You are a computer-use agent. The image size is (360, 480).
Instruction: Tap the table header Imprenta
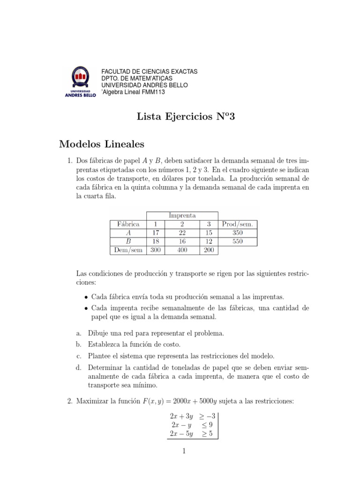pyautogui.click(x=182, y=215)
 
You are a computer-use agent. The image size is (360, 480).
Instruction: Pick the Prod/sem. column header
pyautogui.click(x=237, y=224)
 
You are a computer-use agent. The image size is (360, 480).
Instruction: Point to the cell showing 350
pyautogui.click(x=237, y=233)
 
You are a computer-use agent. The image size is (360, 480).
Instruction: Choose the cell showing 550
pyautogui.click(x=237, y=241)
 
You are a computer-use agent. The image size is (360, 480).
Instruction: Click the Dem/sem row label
pyautogui.click(x=127, y=250)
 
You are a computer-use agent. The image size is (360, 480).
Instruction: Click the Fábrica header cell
pyautogui.click(x=127, y=224)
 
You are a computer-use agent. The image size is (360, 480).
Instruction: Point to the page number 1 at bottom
pyautogui.click(x=184, y=451)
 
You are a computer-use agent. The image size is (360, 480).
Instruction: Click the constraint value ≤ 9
pyautogui.click(x=207, y=425)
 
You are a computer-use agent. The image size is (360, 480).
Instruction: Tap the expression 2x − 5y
pyautogui.click(x=181, y=434)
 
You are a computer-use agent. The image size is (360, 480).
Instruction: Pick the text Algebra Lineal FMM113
pyautogui.click(x=134, y=92)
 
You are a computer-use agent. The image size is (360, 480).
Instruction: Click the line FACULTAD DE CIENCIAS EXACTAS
pyautogui.click(x=150, y=72)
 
